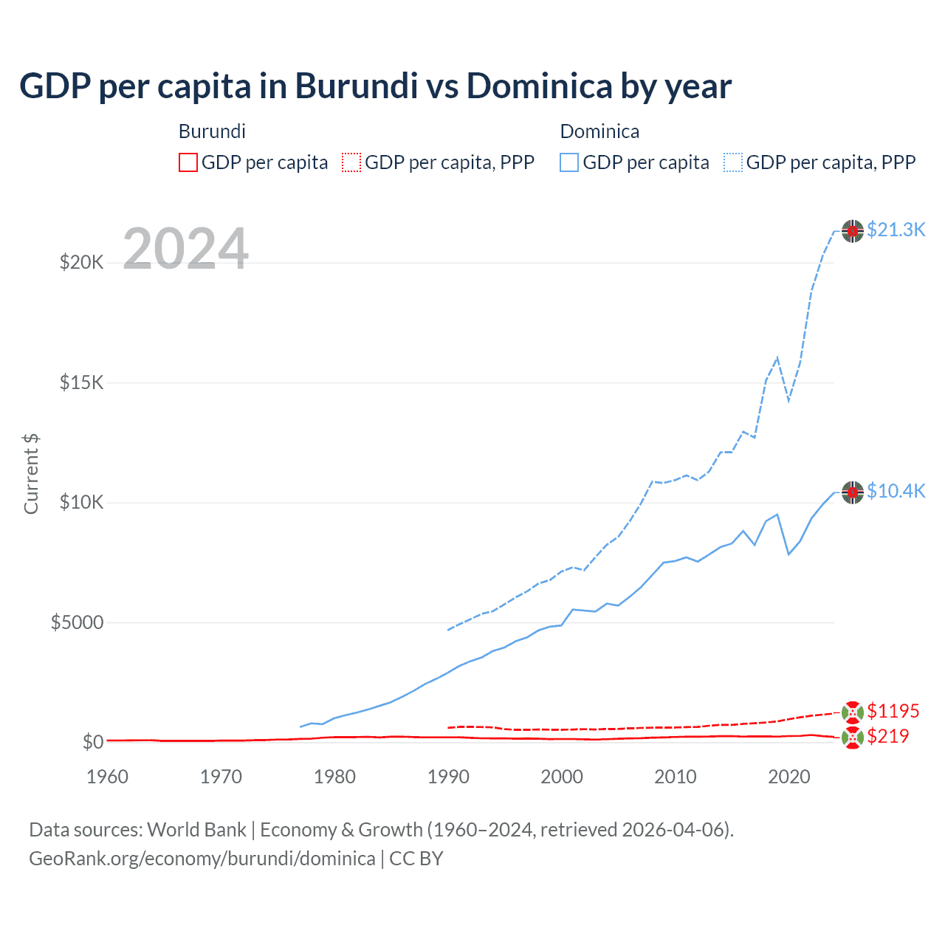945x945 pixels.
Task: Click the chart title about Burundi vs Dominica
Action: (375, 86)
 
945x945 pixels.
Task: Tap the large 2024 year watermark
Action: (185, 249)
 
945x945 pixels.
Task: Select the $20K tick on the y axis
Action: (81, 262)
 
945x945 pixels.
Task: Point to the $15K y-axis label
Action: (81, 382)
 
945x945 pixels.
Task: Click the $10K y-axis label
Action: (81, 503)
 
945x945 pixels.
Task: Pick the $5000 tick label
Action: (77, 622)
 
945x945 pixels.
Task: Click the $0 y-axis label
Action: (92, 742)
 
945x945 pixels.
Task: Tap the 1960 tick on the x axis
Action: (107, 777)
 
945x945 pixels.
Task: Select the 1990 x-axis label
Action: (448, 777)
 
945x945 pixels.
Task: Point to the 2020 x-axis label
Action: (789, 777)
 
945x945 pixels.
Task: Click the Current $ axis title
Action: (31, 474)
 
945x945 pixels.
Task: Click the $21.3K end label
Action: (896, 230)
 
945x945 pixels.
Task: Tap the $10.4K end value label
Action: (896, 492)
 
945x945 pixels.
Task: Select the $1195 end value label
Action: (893, 711)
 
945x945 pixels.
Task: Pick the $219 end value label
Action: (887, 736)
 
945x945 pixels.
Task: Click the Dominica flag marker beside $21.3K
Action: (853, 231)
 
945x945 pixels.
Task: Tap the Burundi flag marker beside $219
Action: (853, 737)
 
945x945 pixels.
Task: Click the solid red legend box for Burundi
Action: (188, 162)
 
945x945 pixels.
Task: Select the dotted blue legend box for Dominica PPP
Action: (733, 162)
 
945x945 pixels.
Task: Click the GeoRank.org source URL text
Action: (202, 859)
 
